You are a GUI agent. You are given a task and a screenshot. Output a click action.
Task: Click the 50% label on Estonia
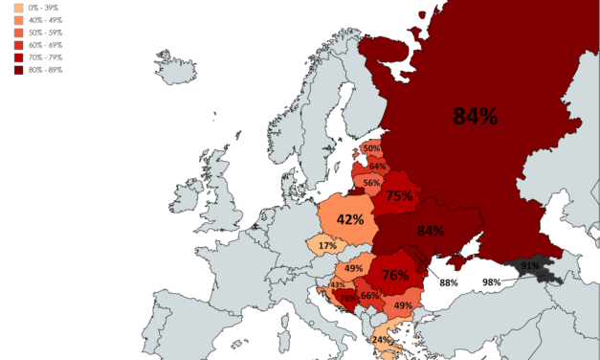pyautogui.click(x=371, y=148)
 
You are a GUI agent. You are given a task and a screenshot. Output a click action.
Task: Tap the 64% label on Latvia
pyautogui.click(x=377, y=167)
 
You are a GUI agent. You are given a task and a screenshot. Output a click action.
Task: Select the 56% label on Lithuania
pyautogui.click(x=371, y=184)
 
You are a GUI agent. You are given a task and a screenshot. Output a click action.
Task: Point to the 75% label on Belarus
pyautogui.click(x=399, y=196)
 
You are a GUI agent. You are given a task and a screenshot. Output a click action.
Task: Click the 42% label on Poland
pyautogui.click(x=349, y=219)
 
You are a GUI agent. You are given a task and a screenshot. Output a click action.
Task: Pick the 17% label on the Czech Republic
pyautogui.click(x=327, y=246)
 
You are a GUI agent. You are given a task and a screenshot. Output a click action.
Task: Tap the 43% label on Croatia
pyautogui.click(x=337, y=285)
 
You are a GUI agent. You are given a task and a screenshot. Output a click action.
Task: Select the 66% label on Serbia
pyautogui.click(x=370, y=296)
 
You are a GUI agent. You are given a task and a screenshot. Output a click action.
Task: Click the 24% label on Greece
pyautogui.click(x=382, y=340)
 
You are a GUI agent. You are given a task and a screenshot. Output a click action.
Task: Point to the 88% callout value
pyautogui.click(x=448, y=282)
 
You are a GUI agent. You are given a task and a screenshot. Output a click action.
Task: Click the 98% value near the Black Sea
pyautogui.click(x=491, y=281)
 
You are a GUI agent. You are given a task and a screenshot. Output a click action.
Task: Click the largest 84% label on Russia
pyautogui.click(x=476, y=117)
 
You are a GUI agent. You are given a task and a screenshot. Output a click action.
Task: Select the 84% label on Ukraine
pyautogui.click(x=430, y=231)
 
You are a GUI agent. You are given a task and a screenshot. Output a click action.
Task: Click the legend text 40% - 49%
pyautogui.click(x=47, y=18)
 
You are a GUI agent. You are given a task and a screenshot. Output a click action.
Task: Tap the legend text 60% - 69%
pyautogui.click(x=47, y=43)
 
